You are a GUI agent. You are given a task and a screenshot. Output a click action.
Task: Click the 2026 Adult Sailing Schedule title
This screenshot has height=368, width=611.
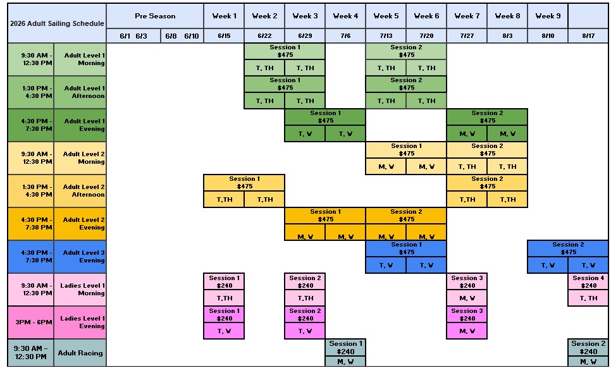coord(57,23)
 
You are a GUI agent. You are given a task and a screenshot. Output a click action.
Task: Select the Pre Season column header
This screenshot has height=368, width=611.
coord(155,16)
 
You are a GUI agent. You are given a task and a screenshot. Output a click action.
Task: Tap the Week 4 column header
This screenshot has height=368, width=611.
coord(345,16)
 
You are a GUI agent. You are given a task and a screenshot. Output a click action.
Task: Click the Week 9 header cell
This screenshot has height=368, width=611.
coord(548,16)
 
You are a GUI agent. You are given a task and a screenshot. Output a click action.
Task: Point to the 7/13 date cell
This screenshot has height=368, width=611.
coord(386,36)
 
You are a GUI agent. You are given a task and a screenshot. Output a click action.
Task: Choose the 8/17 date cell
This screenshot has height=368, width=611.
coord(588,36)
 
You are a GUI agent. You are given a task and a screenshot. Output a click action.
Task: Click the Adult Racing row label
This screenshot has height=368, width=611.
coord(80,353)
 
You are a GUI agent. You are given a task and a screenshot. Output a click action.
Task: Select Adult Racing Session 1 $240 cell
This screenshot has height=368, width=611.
coord(346,348)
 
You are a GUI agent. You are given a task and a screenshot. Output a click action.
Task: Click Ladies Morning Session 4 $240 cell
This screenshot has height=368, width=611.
coord(588,281)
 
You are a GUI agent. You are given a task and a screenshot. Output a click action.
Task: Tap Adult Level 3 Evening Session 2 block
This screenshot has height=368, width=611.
coord(568,248)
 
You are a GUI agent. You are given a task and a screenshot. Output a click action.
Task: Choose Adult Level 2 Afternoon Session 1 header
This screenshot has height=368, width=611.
coord(244,182)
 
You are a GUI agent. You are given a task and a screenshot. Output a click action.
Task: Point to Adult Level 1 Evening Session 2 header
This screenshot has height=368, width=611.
coord(487,116)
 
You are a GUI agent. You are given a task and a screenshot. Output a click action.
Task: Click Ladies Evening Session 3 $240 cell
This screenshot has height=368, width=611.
coord(467,314)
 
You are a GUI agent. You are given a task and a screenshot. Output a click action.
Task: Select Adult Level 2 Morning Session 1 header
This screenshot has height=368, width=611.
coord(406,149)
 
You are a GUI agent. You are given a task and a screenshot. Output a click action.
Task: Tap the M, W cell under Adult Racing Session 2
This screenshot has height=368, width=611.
coord(588,362)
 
